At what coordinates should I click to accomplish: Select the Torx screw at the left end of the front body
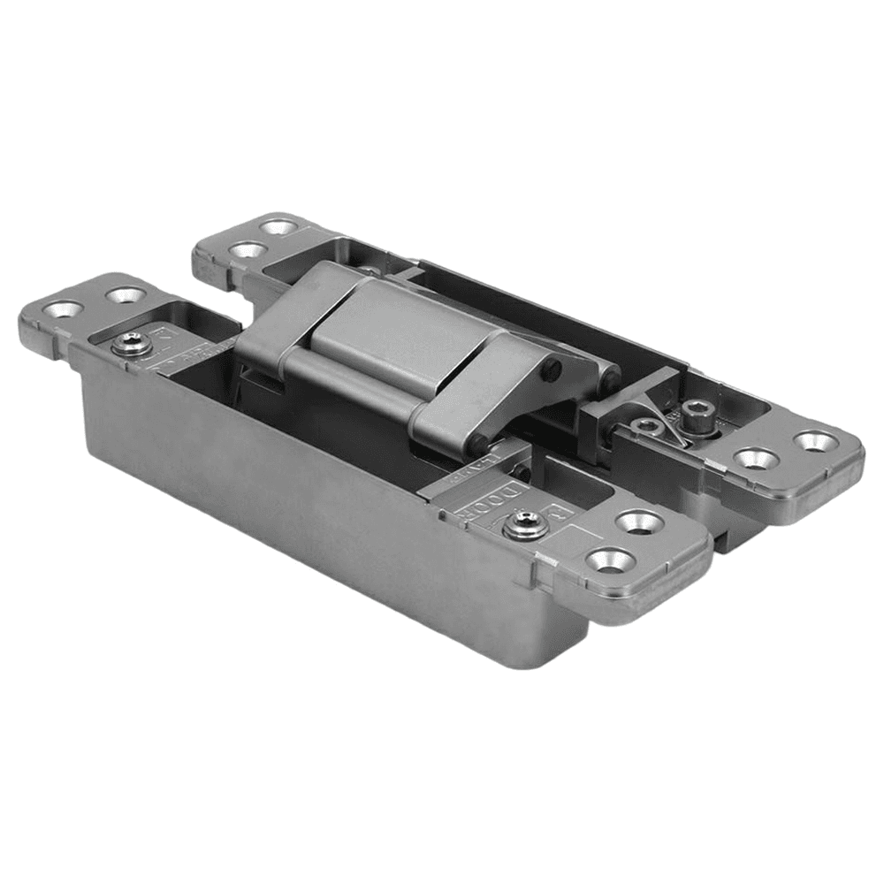[x=132, y=345]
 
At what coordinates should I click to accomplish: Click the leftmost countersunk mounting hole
[x=64, y=309]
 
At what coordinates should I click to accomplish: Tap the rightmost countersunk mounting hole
[x=814, y=439]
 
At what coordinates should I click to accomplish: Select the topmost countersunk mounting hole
[x=279, y=226]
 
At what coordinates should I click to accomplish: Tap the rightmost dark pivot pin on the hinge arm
[x=609, y=382]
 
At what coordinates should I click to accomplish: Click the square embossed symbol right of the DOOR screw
[x=558, y=508]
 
